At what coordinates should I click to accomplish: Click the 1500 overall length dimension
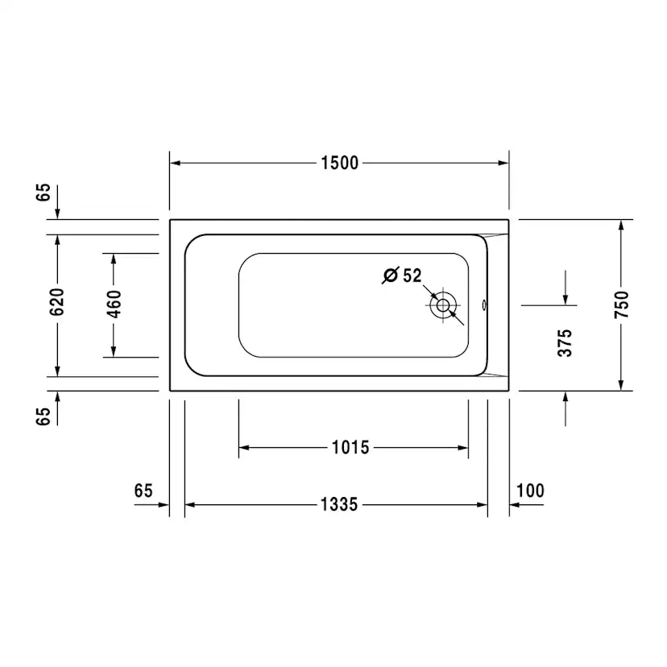339,163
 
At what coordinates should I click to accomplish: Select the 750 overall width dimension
621,304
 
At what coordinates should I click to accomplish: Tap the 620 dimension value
56,304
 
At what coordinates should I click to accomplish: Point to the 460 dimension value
114,304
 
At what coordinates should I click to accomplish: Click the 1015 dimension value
350,447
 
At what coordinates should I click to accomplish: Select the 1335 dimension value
338,505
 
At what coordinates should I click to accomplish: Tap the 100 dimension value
530,491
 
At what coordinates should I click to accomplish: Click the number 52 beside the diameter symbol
412,275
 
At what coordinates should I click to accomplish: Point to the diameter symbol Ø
390,275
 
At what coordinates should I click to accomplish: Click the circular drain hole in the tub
442,306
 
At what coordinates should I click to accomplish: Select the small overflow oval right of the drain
484,305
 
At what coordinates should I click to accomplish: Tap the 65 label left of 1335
143,491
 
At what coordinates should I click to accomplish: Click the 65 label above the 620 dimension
43,192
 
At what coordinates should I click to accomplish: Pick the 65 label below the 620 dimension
43,415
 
